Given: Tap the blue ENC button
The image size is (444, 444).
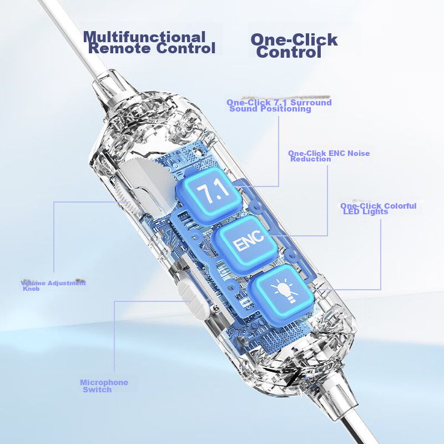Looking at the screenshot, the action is click(245, 244).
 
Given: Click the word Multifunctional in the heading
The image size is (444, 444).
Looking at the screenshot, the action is click(144, 37).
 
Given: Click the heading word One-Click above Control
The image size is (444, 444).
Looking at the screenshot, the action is click(294, 39).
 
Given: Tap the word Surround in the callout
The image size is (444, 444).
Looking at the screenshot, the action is click(311, 102).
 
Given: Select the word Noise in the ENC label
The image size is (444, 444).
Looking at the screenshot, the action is click(359, 153).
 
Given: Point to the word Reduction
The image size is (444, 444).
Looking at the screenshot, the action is click(311, 159).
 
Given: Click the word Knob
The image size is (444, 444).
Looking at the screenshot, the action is click(31, 289).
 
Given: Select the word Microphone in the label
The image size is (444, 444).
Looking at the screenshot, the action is click(104, 382).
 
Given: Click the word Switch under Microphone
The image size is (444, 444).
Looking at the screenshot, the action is click(97, 390).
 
